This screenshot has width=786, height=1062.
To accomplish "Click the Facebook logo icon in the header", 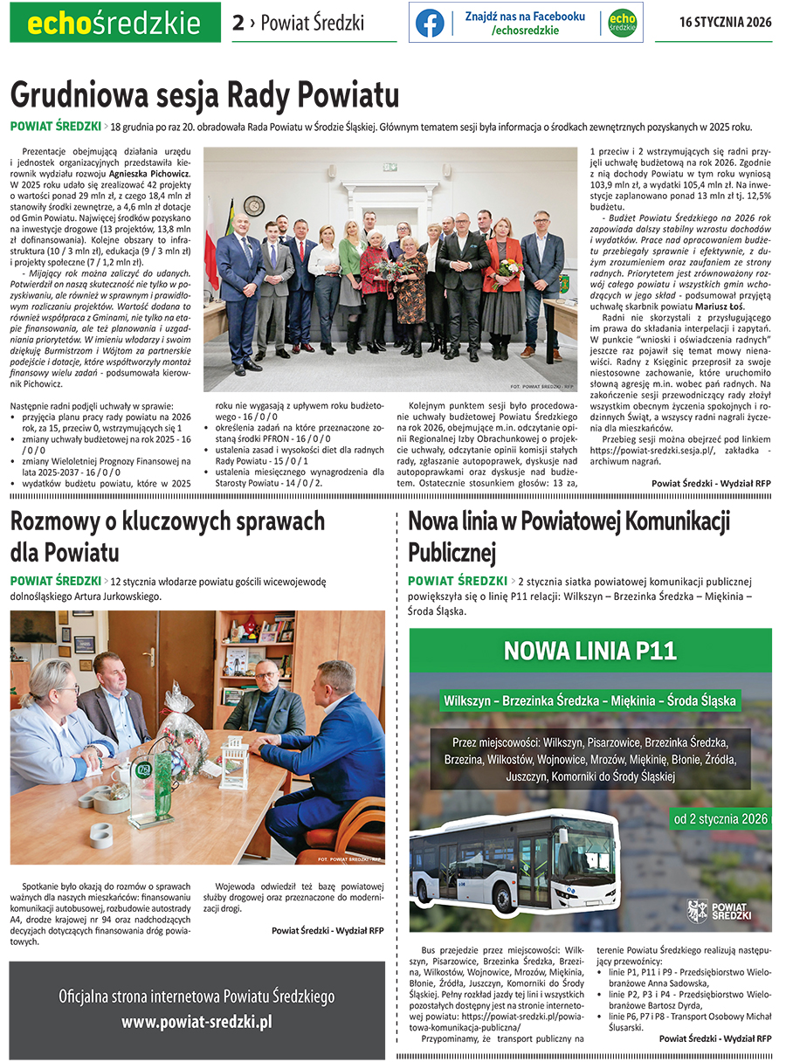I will (x=429, y=23).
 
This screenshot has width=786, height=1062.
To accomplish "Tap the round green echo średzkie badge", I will (x=622, y=23).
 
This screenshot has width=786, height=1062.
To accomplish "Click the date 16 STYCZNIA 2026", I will (x=725, y=23).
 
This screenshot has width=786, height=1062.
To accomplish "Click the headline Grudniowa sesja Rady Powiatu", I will (x=204, y=93).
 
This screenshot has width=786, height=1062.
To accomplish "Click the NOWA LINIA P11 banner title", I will (x=590, y=651).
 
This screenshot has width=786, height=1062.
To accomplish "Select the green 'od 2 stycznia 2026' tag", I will (x=720, y=819).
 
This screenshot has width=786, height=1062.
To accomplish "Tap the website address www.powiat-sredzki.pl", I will (x=196, y=1021).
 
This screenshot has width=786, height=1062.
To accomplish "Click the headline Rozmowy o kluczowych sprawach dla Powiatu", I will (x=168, y=536).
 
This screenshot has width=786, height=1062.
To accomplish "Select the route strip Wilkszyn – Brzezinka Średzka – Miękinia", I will (x=589, y=700).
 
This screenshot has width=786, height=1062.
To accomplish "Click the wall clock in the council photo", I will (x=255, y=205).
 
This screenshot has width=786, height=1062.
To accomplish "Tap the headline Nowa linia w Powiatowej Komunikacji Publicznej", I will (x=569, y=536).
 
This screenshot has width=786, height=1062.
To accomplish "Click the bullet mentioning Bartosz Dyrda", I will (x=684, y=999).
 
